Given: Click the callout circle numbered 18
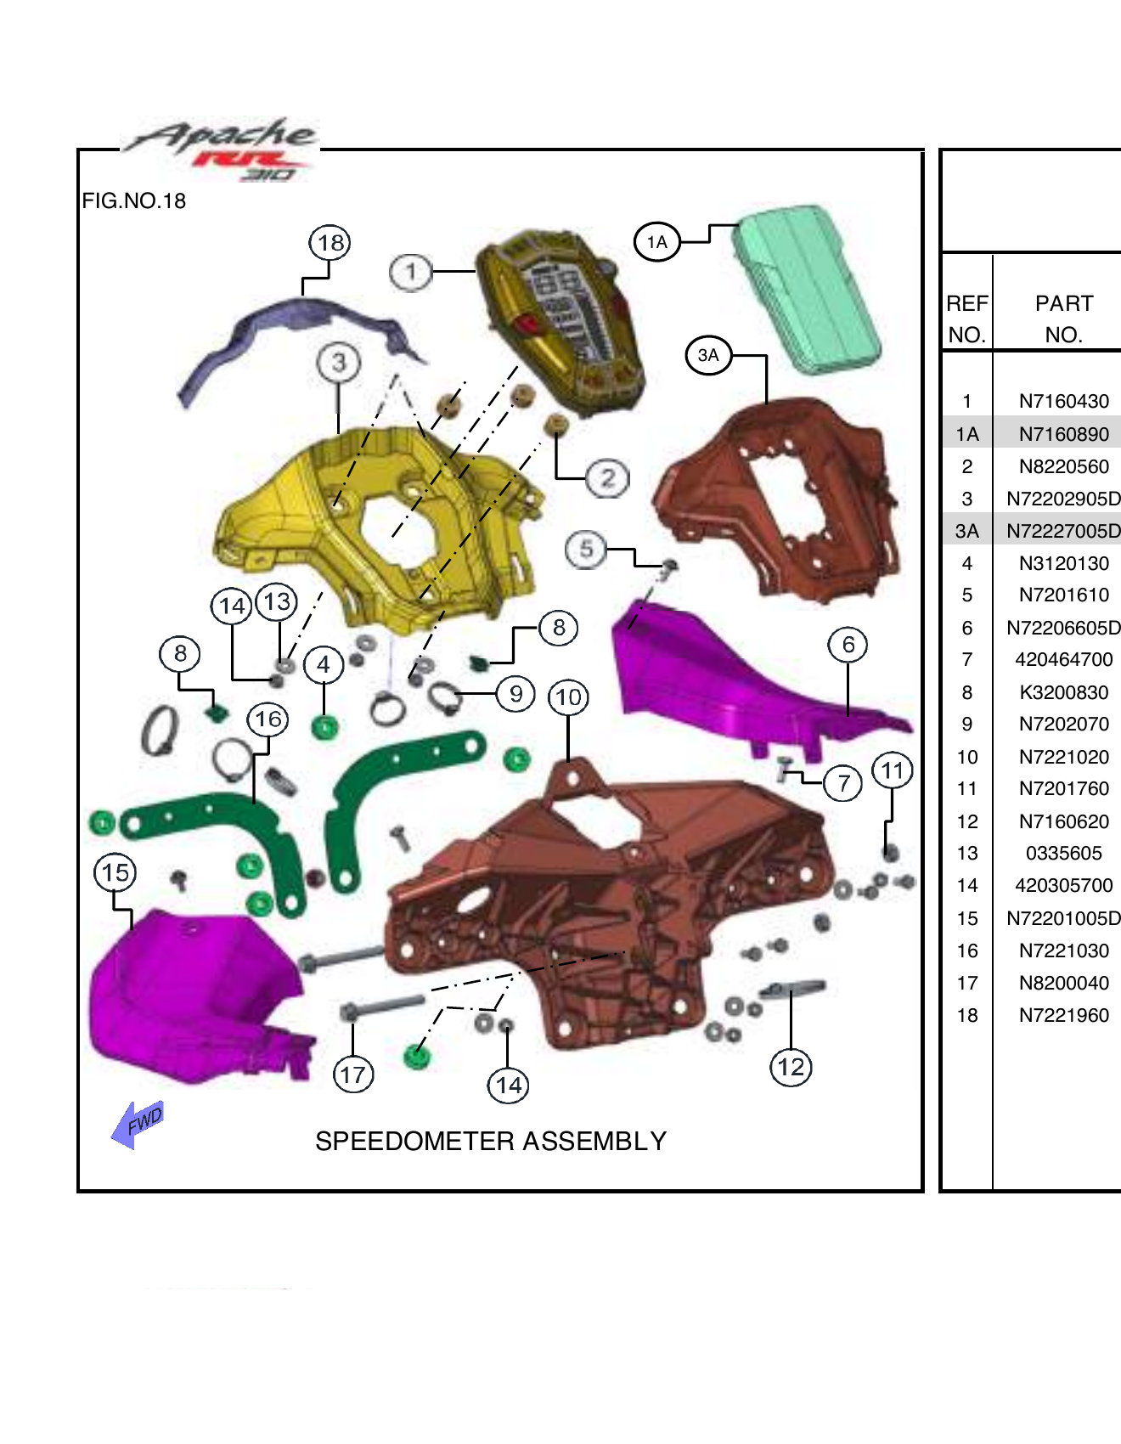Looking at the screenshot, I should point(330,243).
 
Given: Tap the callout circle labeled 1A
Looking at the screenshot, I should point(656,242).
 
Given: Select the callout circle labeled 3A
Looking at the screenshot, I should point(708,355).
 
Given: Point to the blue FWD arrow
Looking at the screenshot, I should point(138,1124).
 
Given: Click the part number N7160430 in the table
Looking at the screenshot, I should point(1063,401).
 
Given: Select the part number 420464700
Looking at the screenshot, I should point(1063,659).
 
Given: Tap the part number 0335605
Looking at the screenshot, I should point(1063,853).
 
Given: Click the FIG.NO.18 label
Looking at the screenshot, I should point(134,201).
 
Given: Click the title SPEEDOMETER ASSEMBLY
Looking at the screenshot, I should point(491,1141).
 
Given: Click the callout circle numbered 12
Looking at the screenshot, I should point(791,1067).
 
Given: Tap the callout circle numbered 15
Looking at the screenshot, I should point(115,872).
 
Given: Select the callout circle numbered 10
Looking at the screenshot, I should point(568,697).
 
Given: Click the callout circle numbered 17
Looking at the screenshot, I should point(353,1075).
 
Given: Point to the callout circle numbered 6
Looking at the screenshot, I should point(848,645).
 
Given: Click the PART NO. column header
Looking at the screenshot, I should point(1063,319).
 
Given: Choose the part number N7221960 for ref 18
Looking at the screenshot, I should point(1063,1015).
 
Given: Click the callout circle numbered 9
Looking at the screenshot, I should point(515,693).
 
